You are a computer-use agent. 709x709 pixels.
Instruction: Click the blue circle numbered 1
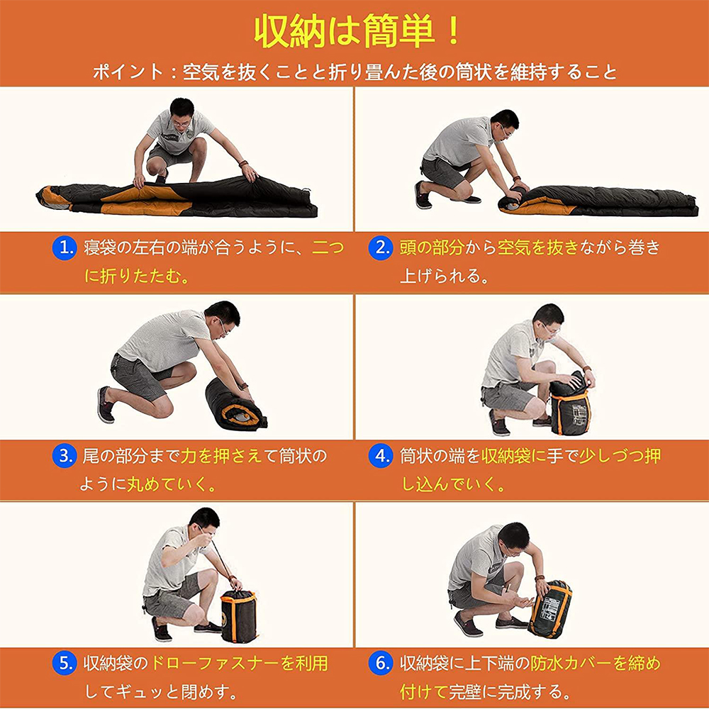click(x=65, y=247)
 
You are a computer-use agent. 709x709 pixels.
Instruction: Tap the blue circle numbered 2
click(x=380, y=247)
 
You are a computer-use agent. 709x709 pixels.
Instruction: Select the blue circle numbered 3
click(x=65, y=455)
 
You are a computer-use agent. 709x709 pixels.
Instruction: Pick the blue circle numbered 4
click(x=380, y=455)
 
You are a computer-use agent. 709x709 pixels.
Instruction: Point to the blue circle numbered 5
click(x=65, y=663)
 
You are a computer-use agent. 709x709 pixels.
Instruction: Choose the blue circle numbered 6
click(x=380, y=663)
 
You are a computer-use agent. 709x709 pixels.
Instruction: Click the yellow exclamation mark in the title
click(x=452, y=30)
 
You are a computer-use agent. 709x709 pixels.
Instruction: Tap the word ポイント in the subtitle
click(x=128, y=72)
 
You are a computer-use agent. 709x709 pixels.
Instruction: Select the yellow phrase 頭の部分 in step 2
click(x=432, y=247)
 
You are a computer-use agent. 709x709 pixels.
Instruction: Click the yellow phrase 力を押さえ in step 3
click(x=221, y=455)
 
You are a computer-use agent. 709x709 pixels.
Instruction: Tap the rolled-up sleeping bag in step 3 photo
click(x=235, y=405)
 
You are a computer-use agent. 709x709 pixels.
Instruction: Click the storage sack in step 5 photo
click(x=239, y=616)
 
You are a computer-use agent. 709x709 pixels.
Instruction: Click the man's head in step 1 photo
click(x=182, y=113)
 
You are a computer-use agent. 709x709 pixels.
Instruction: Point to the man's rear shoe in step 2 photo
click(x=423, y=195)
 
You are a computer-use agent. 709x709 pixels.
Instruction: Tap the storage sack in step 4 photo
click(x=570, y=404)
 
